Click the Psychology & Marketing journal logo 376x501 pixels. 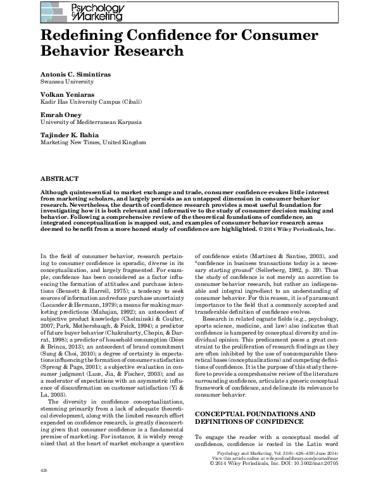coord(82,12)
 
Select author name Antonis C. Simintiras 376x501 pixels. coord(75,74)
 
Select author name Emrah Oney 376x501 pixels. coord(61,115)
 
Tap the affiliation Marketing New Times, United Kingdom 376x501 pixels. coord(92,142)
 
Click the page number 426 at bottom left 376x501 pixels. coord(44,489)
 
